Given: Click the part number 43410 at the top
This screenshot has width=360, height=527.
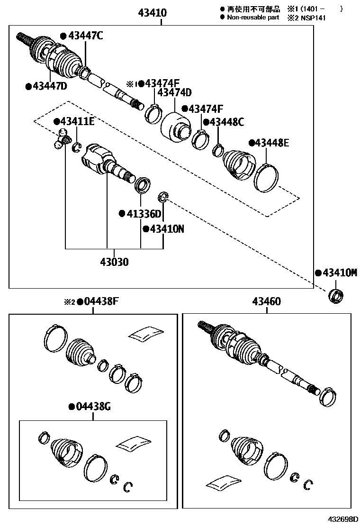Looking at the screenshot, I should point(152,13).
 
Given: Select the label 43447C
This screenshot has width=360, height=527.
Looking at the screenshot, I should point(85,36).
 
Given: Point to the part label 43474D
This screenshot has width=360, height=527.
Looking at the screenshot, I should point(174,92).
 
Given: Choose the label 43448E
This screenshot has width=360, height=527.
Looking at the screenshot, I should point(271,143).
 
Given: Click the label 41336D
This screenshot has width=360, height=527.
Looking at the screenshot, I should point(143,214).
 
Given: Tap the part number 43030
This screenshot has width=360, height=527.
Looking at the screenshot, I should point(114,262).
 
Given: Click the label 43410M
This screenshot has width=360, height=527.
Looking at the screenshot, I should point(339,273).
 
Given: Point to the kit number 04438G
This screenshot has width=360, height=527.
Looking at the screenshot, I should point(93,406).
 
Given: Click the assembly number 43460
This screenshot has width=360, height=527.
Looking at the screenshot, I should point(266,302).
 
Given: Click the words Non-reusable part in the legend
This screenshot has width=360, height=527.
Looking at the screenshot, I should point(253,18).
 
